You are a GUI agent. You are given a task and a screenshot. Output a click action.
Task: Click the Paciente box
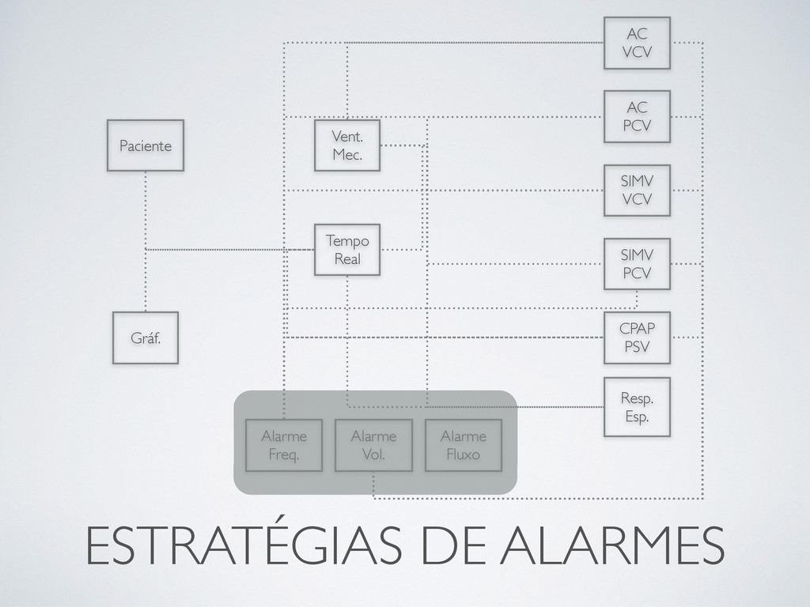click(146, 145)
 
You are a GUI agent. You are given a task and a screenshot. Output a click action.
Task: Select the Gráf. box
click(145, 337)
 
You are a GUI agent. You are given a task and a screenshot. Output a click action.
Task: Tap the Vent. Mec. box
click(347, 145)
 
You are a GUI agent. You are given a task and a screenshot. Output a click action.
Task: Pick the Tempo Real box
click(347, 249)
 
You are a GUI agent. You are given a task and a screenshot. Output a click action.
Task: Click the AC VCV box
click(637, 43)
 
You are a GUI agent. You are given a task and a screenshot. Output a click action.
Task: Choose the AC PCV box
click(637, 116)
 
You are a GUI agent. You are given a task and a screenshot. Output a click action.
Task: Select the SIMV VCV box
click(637, 190)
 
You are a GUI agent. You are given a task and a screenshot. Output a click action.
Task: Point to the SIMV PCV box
click(637, 264)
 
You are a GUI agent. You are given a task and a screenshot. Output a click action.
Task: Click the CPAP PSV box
click(637, 337)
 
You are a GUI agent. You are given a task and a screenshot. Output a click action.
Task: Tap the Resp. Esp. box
click(637, 407)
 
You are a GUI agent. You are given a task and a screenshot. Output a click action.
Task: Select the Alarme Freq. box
click(284, 445)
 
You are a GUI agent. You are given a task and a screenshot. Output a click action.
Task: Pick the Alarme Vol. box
click(373, 445)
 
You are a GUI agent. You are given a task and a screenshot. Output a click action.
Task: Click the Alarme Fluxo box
click(464, 445)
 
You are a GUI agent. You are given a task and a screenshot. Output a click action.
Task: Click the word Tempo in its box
click(347, 240)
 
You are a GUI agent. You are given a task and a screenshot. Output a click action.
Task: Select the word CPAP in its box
click(637, 329)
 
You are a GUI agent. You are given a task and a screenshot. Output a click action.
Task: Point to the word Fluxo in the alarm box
click(464, 454)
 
